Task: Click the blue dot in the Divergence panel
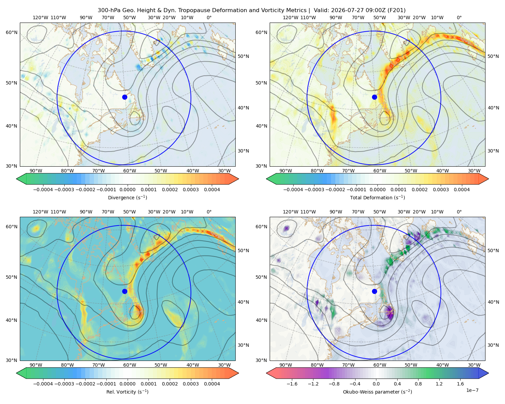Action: pos(125,97)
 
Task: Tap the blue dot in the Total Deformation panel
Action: pos(374,97)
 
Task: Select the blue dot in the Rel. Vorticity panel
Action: pos(125,291)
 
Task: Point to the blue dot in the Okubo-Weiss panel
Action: pos(374,291)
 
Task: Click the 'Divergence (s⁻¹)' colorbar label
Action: pos(127,197)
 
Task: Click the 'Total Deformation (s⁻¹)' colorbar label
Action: pos(377,197)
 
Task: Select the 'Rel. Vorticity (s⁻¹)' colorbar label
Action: pos(127,392)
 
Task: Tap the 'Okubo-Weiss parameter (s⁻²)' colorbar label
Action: pos(377,392)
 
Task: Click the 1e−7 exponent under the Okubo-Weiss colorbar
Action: pos(472,390)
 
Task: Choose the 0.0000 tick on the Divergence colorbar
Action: pos(127,190)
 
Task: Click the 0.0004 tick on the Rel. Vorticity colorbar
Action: pos(212,384)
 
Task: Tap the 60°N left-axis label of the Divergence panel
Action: pos(11,32)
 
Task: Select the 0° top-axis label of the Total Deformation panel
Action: pos(459,18)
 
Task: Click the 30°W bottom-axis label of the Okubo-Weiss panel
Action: pos(474,365)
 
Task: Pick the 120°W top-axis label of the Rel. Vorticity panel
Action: pos(40,212)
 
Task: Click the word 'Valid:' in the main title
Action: pos(322,10)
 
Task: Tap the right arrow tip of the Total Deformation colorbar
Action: pos(489,179)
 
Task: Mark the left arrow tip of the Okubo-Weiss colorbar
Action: pos(266,373)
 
